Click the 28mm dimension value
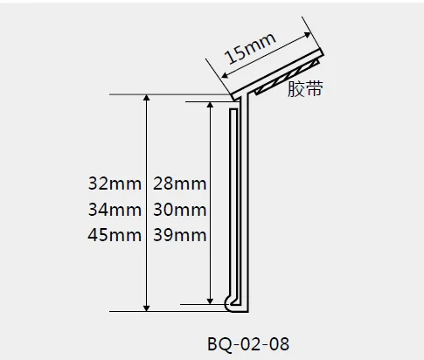(179, 185)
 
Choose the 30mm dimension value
(179, 210)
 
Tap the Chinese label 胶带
(305, 88)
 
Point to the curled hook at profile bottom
(231, 303)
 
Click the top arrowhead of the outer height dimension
(147, 99)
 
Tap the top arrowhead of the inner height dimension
(210, 106)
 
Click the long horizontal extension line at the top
(166, 93)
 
